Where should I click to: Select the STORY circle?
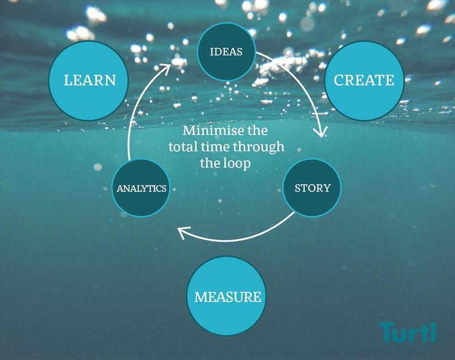click(312, 188)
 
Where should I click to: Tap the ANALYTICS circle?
click(141, 188)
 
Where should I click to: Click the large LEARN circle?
click(89, 80)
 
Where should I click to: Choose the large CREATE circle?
click(364, 80)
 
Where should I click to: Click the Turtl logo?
click(407, 332)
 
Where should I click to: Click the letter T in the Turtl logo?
click(386, 332)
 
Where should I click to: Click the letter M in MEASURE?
click(200, 296)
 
